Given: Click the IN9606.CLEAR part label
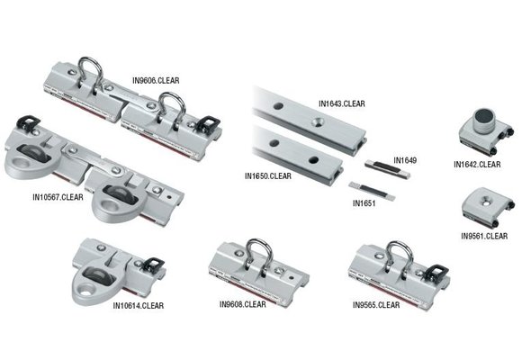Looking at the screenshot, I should (156, 80).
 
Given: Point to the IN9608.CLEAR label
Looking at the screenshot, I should (242, 304).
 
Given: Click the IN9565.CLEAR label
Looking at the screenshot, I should (376, 305).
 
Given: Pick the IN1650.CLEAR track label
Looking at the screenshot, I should (267, 175).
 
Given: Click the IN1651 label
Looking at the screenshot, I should (364, 204).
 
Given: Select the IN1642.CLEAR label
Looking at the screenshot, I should (477, 165).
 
